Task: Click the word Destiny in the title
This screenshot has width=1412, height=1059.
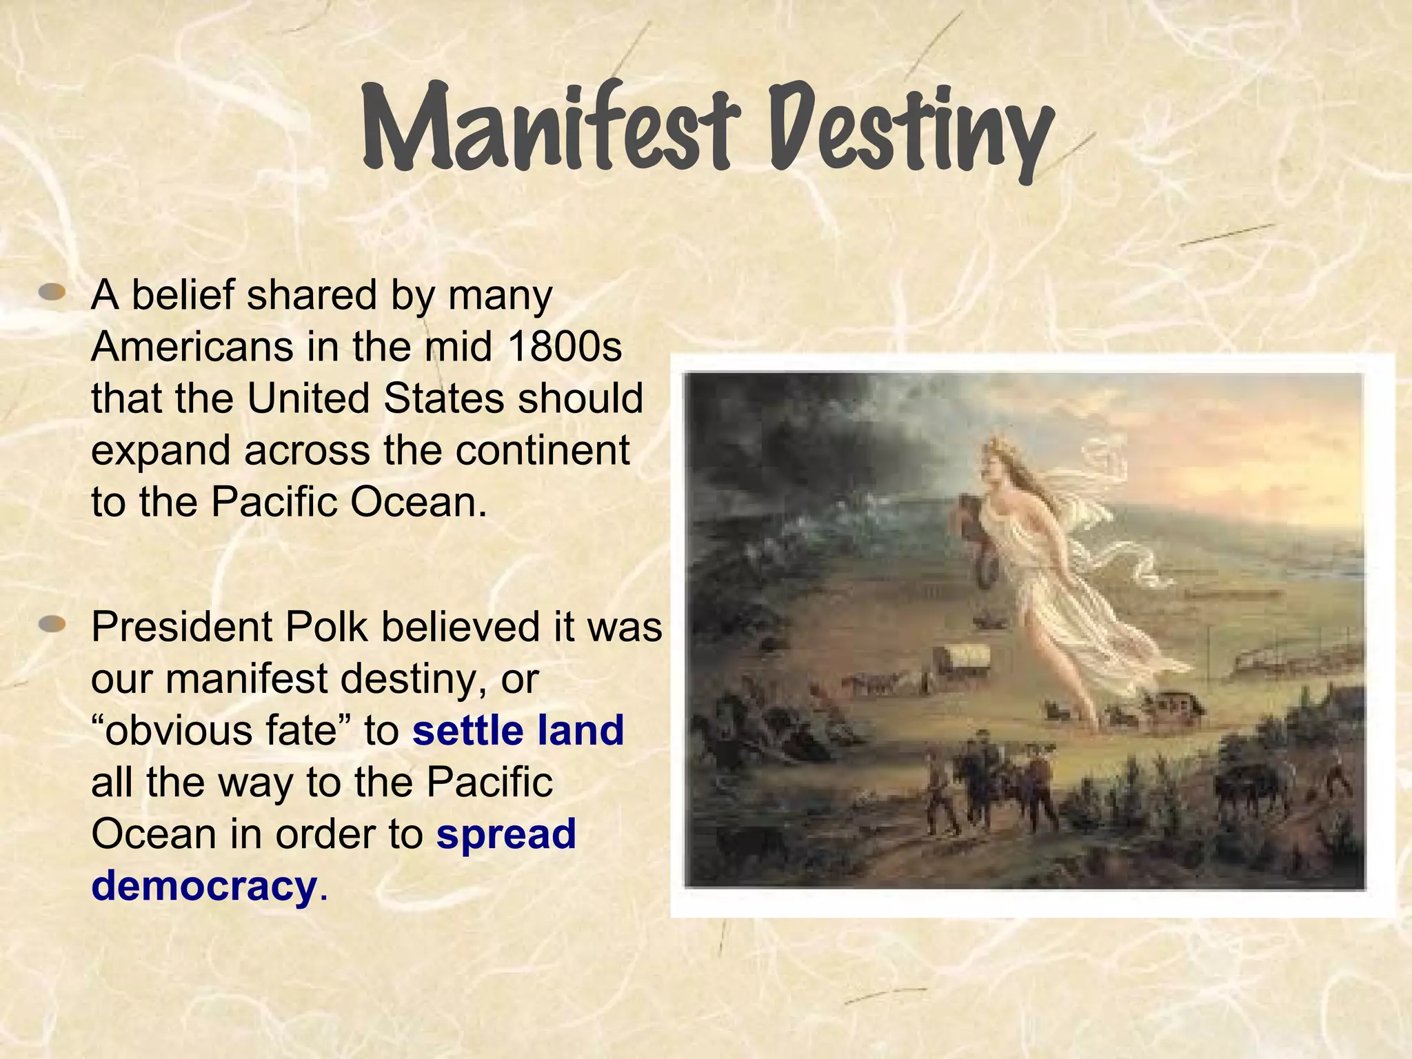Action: (x=910, y=131)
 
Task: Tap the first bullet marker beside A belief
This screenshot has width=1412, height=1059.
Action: (x=52, y=294)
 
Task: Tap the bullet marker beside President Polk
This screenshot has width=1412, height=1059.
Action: (x=52, y=625)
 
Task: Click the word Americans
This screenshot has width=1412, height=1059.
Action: (x=192, y=347)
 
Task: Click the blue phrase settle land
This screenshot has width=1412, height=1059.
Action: (x=518, y=731)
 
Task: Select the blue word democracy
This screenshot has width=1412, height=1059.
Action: (x=204, y=886)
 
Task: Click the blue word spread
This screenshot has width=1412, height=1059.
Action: (x=506, y=834)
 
